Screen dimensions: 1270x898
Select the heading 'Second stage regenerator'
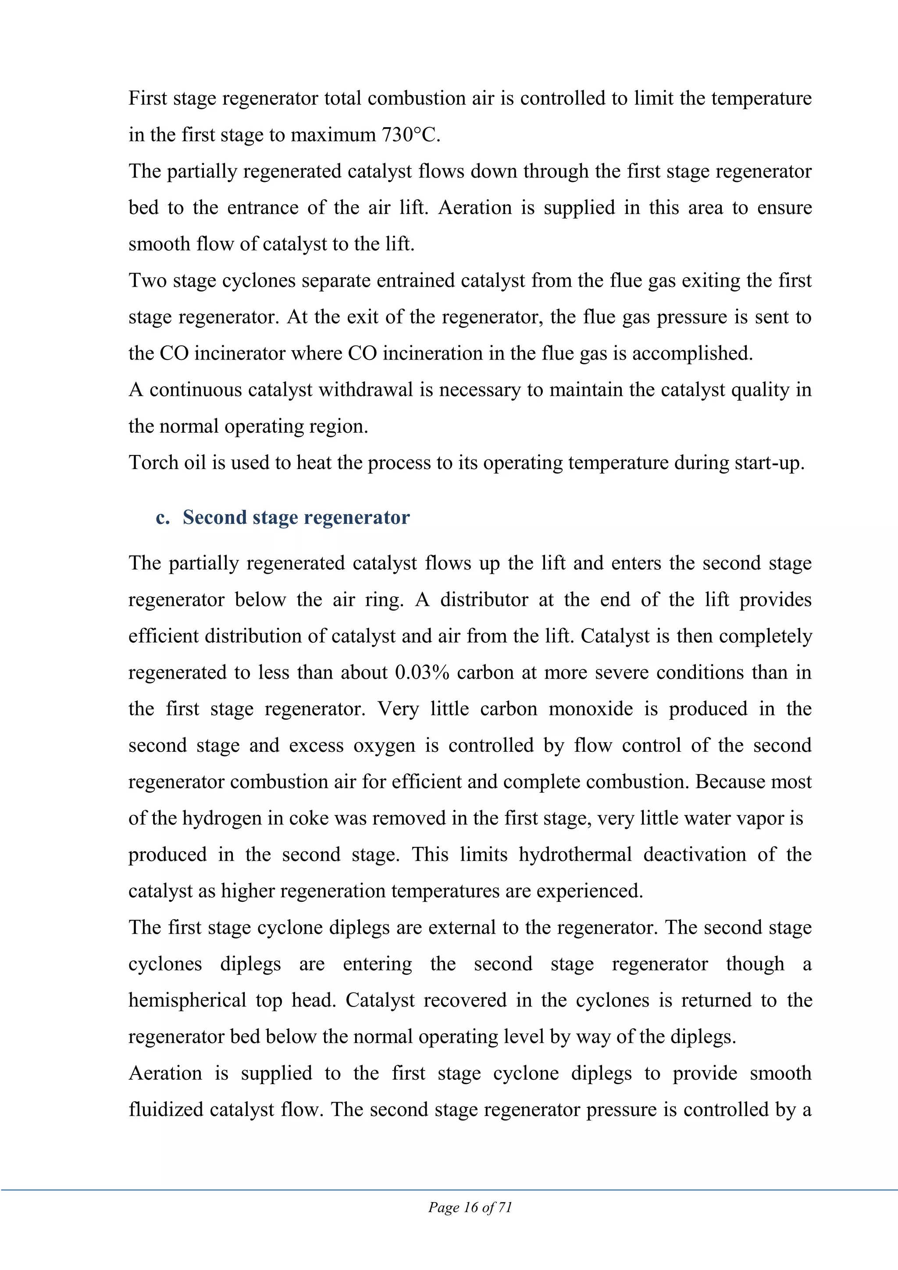tap(296, 517)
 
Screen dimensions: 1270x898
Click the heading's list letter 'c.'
tap(163, 517)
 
